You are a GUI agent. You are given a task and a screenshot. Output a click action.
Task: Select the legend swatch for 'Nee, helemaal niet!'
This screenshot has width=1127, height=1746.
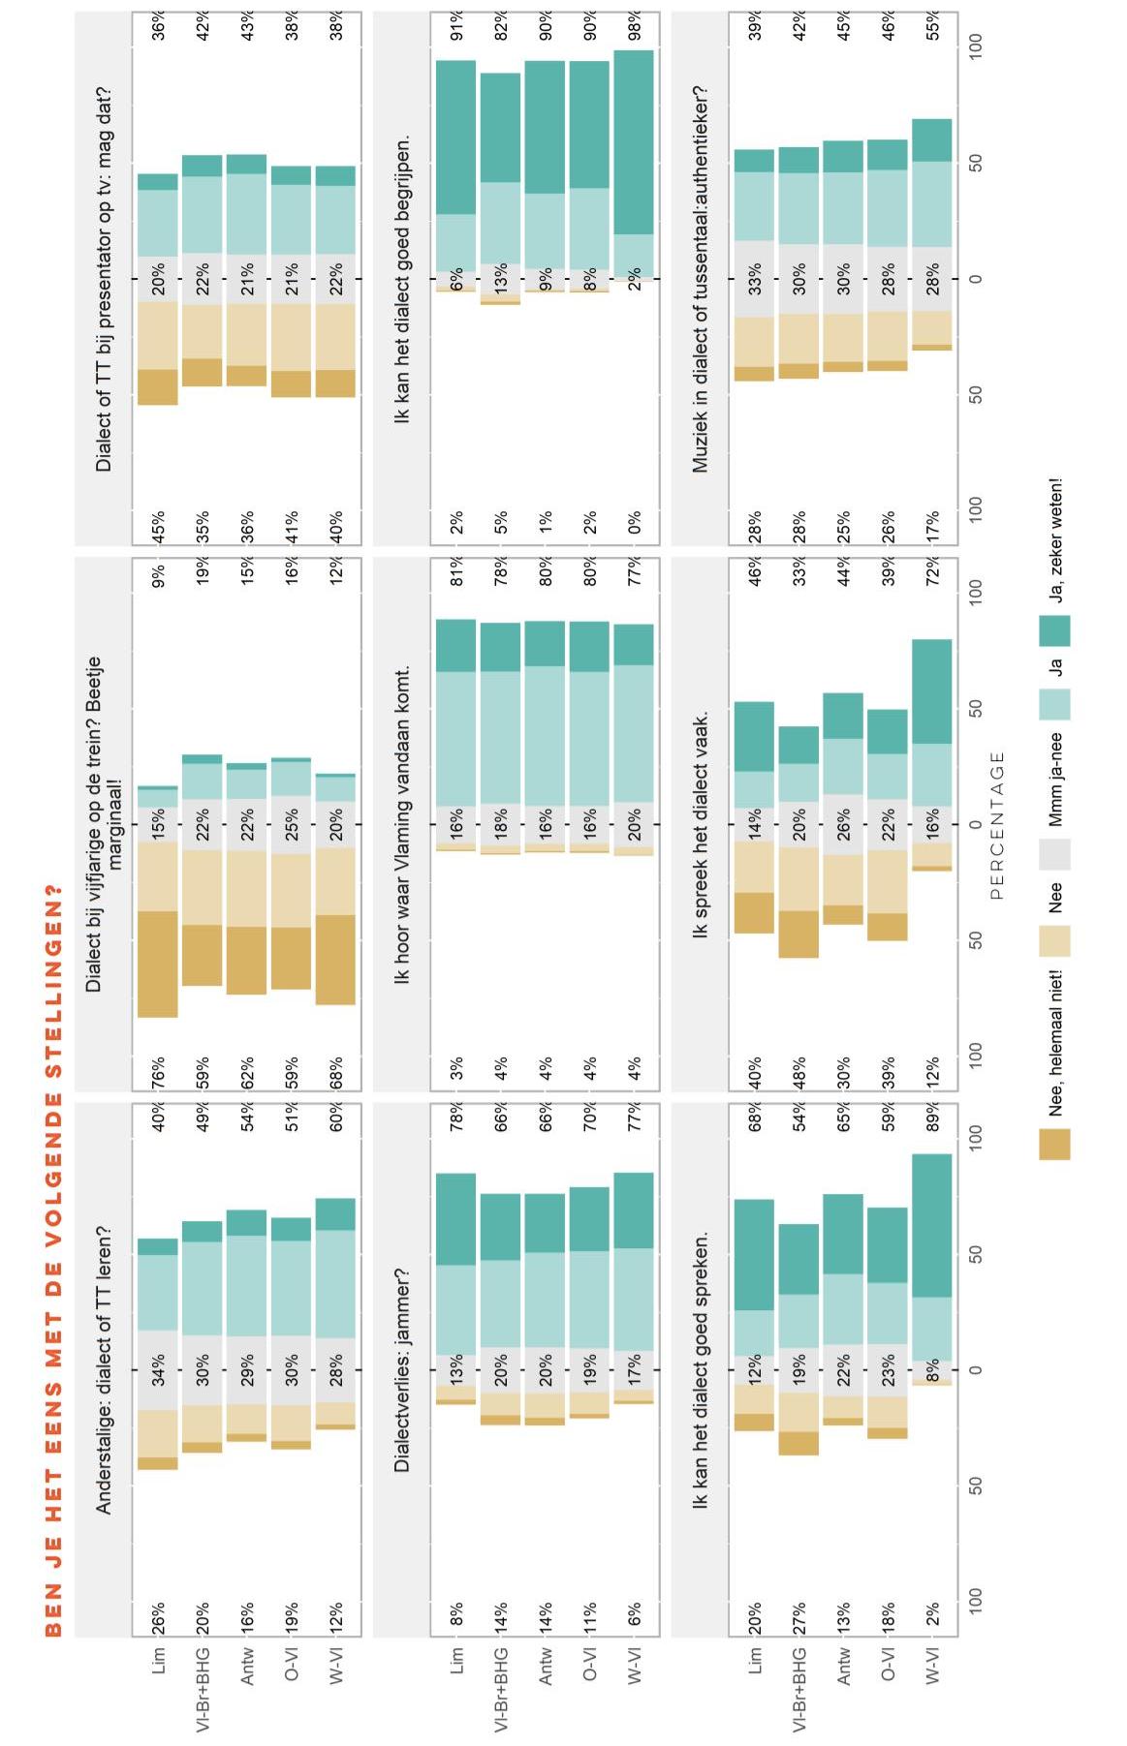(x=1055, y=1144)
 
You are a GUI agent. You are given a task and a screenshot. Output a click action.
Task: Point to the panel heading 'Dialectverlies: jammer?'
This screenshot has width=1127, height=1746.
(x=403, y=1369)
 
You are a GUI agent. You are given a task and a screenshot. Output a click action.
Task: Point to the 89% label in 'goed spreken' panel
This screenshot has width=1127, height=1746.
(x=933, y=1117)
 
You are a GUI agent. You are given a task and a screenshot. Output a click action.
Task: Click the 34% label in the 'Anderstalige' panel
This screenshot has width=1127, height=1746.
(x=158, y=1369)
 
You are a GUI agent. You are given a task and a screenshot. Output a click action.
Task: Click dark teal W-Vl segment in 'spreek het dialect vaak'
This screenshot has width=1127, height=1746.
(x=932, y=691)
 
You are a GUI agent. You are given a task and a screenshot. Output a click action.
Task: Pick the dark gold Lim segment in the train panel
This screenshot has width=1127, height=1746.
(x=158, y=965)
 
